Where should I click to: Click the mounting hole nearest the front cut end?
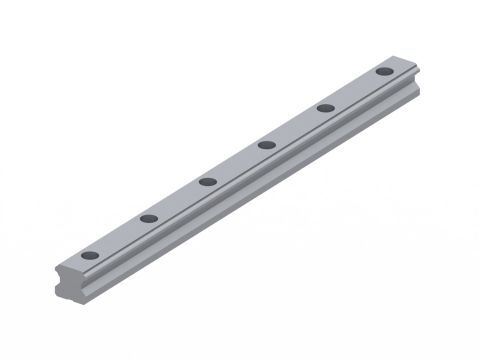tap(90, 256)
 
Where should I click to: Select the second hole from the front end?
tap(149, 218)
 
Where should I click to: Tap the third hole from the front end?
tap(208, 181)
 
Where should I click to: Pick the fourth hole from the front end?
tap(266, 145)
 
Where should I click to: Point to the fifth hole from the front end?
tap(325, 108)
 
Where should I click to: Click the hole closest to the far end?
tap(384, 72)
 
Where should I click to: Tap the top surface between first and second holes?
tap(120, 238)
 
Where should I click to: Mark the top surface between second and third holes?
tap(178, 200)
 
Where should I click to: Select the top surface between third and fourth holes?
tap(237, 163)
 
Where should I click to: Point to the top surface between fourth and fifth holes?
tap(296, 127)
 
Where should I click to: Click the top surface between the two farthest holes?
tap(355, 90)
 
